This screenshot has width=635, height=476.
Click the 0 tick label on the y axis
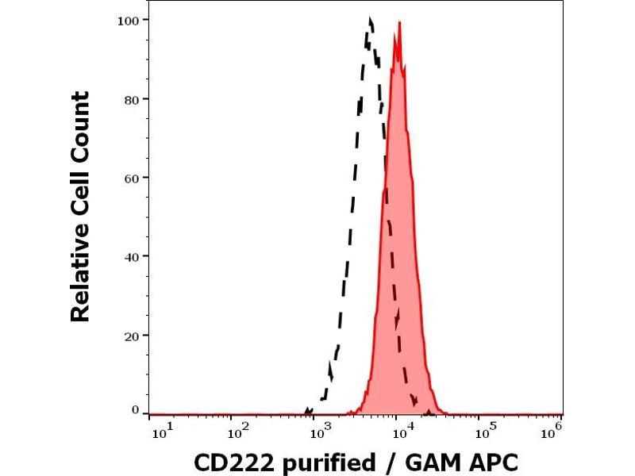point(136,410)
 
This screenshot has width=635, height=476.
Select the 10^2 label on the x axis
point(239,432)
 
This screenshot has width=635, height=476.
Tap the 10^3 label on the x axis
point(321,432)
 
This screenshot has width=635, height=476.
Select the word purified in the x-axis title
point(325,462)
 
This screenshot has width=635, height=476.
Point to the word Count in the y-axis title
point(81,130)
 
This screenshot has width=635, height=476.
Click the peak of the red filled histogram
point(399,23)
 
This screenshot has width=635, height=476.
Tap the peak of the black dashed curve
point(370,18)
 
